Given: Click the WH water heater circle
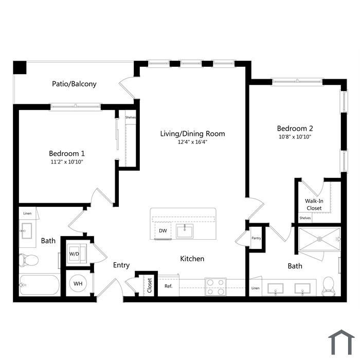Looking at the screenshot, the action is click(x=78, y=283).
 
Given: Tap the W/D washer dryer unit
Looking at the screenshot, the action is click(x=77, y=254).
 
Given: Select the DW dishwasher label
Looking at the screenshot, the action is click(x=163, y=230).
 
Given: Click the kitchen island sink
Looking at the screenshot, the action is click(x=185, y=231).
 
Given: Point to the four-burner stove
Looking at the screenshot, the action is click(x=215, y=287).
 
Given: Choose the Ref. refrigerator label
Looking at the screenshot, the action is click(x=168, y=286).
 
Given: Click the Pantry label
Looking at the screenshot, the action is click(x=256, y=238).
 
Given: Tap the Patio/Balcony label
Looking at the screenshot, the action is click(x=74, y=84).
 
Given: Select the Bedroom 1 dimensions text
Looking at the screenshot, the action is click(x=66, y=162).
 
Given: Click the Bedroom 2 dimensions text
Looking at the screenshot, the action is click(x=295, y=137).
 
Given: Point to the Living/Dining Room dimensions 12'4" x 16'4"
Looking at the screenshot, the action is click(x=192, y=142).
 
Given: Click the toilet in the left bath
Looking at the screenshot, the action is click(x=28, y=260).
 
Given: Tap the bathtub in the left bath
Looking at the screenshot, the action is click(x=40, y=285).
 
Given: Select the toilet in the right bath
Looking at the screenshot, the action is click(x=328, y=286).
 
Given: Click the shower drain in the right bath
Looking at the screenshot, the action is click(x=319, y=239).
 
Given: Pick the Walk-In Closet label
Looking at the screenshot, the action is click(x=314, y=205).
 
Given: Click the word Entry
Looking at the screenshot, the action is click(x=121, y=265).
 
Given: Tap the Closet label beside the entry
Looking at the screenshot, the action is click(x=150, y=285).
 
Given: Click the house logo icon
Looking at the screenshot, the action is click(x=341, y=343).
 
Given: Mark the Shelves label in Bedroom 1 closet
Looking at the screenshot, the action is click(x=131, y=118).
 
